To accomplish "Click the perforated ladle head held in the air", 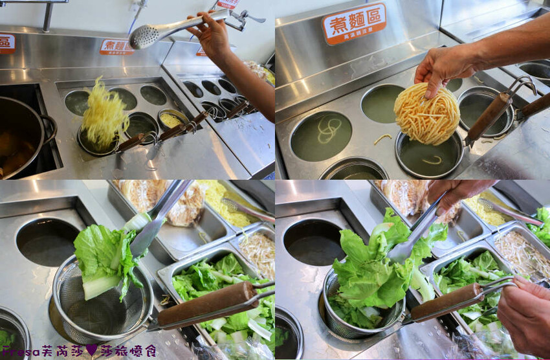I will [144, 37].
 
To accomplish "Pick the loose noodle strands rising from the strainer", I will [104, 117].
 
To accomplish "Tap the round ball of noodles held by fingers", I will [426, 115].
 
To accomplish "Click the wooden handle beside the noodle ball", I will [489, 117].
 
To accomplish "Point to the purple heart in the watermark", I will [90, 350].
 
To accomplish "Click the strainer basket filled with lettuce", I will [366, 291].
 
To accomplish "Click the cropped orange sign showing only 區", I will [6, 43].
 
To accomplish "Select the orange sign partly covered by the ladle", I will [116, 46].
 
